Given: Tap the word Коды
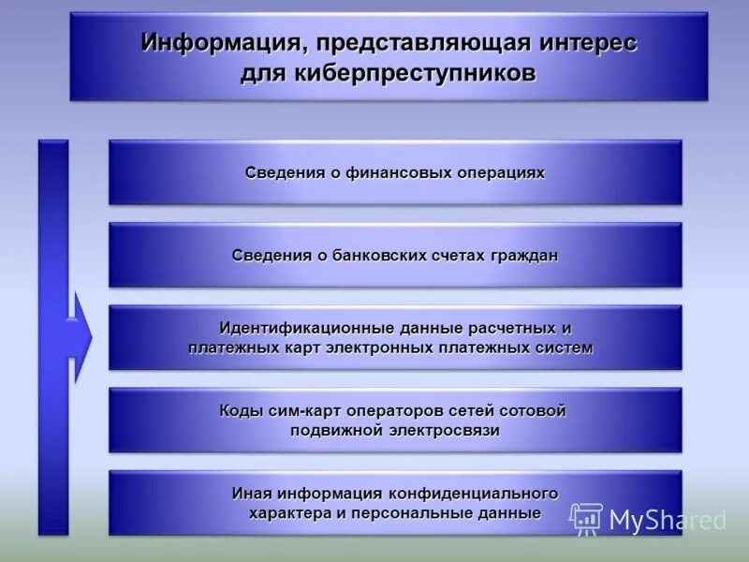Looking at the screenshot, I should [240, 411].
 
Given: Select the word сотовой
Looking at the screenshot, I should [533, 411].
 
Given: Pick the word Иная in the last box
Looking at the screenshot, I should [251, 494].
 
